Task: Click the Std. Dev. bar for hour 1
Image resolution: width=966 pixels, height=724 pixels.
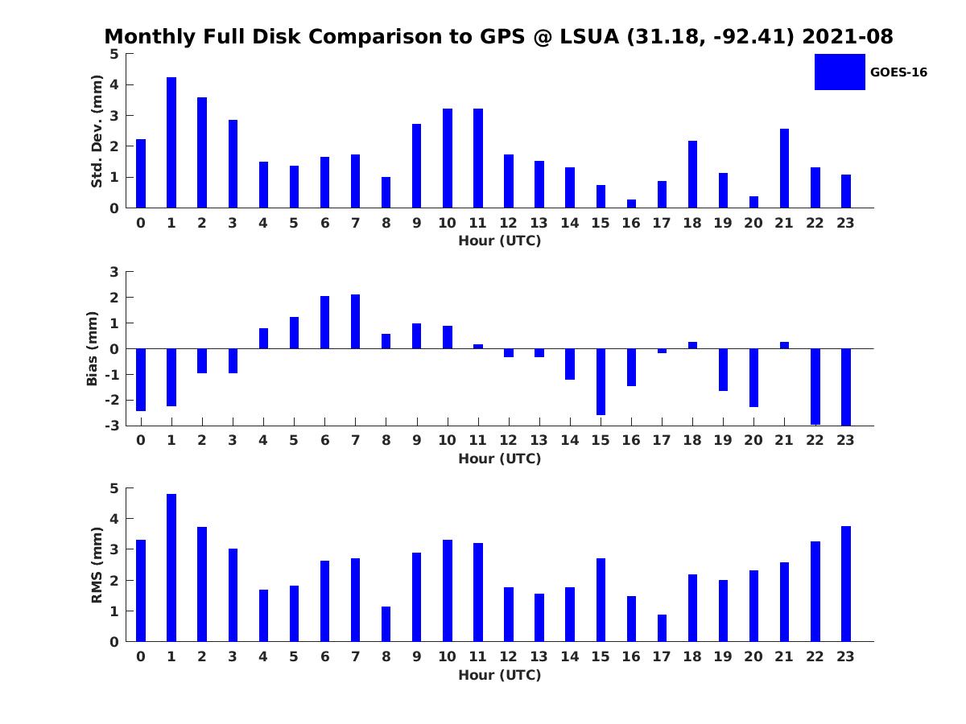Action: tap(171, 142)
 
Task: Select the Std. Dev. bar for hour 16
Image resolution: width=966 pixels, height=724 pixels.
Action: tap(631, 204)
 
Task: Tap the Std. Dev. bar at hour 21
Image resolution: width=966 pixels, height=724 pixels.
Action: tap(784, 168)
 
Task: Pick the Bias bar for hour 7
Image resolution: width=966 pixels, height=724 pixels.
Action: tap(355, 322)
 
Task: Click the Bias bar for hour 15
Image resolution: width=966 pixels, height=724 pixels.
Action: tap(601, 381)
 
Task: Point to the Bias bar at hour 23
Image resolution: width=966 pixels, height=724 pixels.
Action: tap(845, 387)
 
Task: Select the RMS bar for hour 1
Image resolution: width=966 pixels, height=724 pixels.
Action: tap(171, 568)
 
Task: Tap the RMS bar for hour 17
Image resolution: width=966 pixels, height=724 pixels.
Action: tap(662, 628)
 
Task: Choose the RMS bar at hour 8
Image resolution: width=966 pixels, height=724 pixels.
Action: tap(386, 624)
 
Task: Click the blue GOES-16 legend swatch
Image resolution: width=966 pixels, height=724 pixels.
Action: tap(839, 72)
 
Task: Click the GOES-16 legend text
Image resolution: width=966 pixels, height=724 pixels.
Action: tap(898, 72)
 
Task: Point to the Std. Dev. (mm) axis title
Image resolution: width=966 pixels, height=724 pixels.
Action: tap(97, 131)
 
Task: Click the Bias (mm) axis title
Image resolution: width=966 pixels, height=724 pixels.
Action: tap(93, 348)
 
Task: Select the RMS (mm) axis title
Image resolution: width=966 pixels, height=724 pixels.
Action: tap(97, 565)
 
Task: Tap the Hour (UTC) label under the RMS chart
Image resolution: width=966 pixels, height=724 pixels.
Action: tap(499, 675)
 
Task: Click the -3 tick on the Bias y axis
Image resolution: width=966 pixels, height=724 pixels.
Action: tap(114, 426)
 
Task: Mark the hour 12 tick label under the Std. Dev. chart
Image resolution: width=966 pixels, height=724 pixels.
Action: tap(508, 223)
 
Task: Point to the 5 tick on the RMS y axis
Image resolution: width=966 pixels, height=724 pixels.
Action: tap(114, 488)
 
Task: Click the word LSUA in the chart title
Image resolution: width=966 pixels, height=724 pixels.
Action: tap(589, 37)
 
